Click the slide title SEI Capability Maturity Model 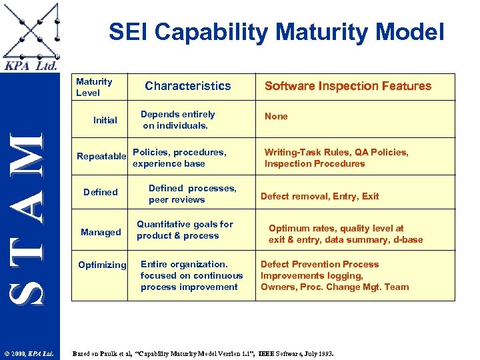pyautogui.click(x=276, y=31)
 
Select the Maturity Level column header pyautogui.click(x=94, y=87)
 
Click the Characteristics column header pyautogui.click(x=188, y=86)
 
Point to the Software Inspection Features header pyautogui.click(x=348, y=86)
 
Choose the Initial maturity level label pyautogui.click(x=105, y=121)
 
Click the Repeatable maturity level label pyautogui.click(x=101, y=157)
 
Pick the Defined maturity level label pyautogui.click(x=101, y=192)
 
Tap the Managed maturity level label pyautogui.click(x=101, y=232)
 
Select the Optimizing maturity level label pyautogui.click(x=102, y=265)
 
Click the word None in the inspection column pyautogui.click(x=276, y=116)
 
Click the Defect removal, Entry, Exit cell pyautogui.click(x=319, y=196)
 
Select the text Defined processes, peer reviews pyautogui.click(x=192, y=194)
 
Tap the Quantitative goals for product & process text pyautogui.click(x=185, y=230)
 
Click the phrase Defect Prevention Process pyautogui.click(x=319, y=264)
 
